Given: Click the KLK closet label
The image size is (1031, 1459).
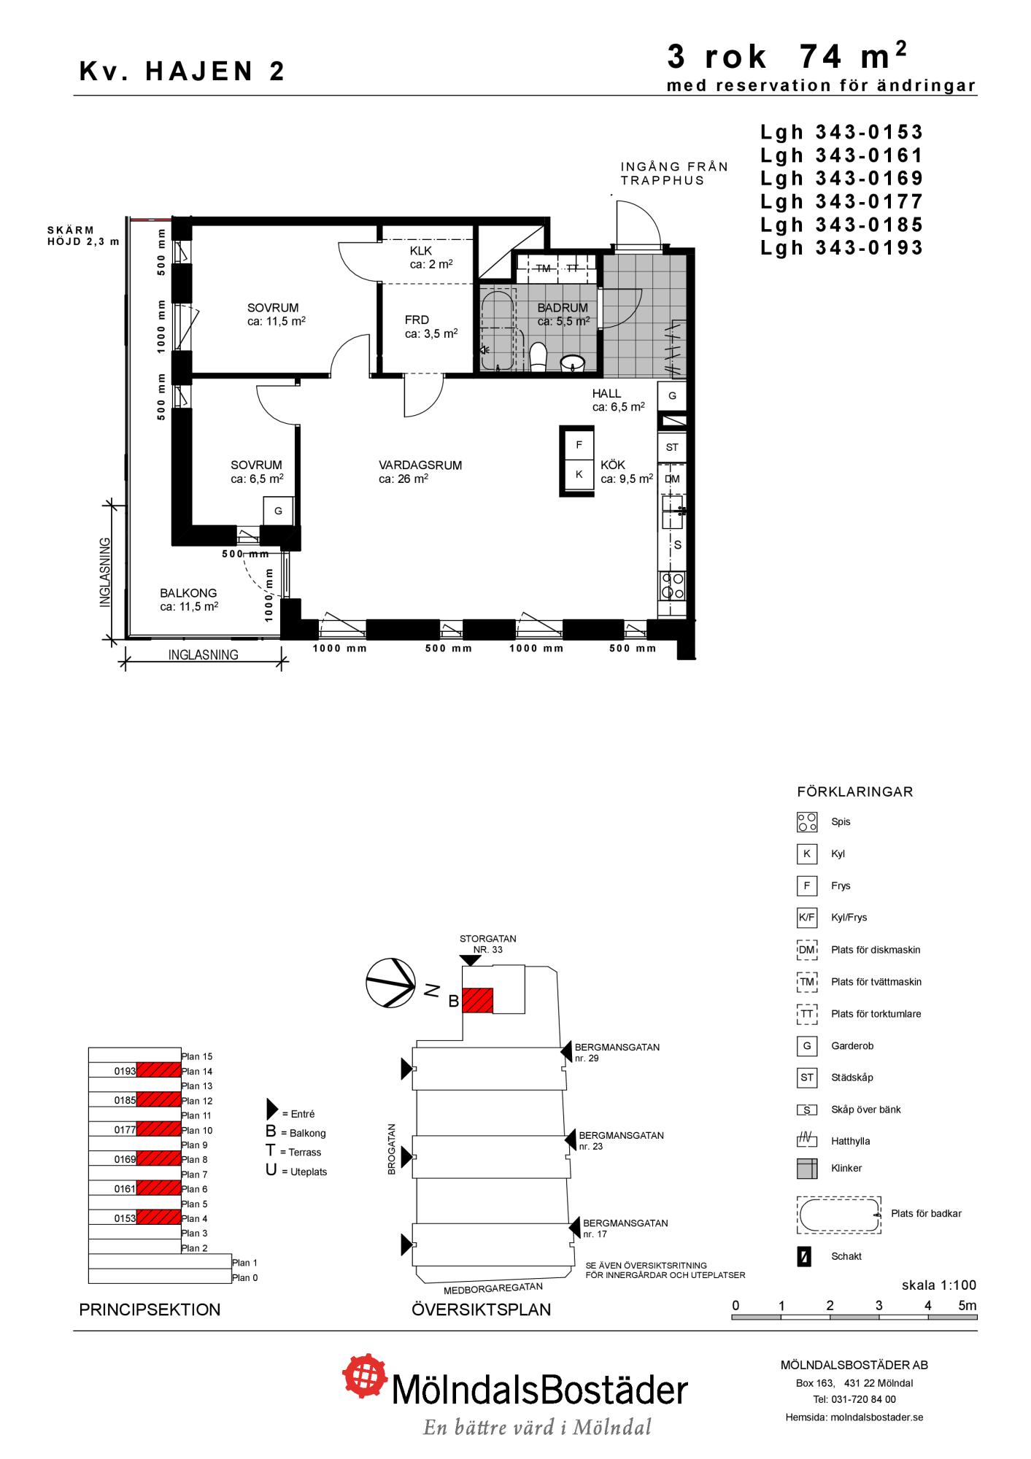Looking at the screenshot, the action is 421,251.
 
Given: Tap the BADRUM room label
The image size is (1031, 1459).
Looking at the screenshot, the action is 563,308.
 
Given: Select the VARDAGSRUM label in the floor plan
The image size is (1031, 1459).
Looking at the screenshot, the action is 420,465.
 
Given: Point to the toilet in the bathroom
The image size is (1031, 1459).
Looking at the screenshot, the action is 538,357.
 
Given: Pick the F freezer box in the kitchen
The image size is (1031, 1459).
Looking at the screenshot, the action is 579,445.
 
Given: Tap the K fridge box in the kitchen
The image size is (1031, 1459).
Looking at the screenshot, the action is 579,474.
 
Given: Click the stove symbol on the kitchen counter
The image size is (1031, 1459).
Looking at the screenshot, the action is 672,585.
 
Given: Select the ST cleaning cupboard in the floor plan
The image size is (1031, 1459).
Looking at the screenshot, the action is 672,447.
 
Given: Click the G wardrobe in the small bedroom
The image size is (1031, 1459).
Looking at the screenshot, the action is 278,511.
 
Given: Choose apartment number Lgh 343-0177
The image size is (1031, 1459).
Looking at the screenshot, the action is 842,201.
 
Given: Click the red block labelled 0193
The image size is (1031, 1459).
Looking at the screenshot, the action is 158,1070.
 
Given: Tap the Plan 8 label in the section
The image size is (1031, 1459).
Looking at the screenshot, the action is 195,1159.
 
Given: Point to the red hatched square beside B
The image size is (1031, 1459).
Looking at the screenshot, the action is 478,1000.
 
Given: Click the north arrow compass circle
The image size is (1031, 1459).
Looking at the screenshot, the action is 390,982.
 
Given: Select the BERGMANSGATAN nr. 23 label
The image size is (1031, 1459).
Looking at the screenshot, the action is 621,1141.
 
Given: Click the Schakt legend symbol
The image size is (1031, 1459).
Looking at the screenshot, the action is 804,1257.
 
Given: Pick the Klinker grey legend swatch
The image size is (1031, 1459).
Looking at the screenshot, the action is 807,1169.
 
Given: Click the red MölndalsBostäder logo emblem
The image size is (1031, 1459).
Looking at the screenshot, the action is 366,1376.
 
